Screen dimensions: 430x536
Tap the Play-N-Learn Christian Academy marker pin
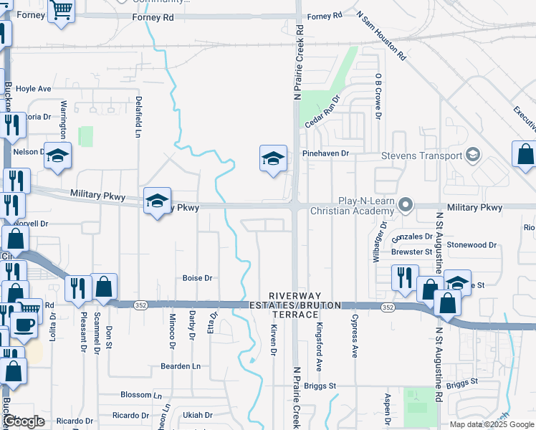pyautogui.click(x=406, y=206)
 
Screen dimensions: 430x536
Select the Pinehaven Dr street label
pyautogui.click(x=325, y=153)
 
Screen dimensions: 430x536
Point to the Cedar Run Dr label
pyautogui.click(x=321, y=110)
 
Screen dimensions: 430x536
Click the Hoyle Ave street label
pyautogui.click(x=34, y=89)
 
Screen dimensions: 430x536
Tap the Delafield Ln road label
pyautogui.click(x=138, y=116)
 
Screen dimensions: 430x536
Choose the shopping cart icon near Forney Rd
pyautogui.click(x=62, y=11)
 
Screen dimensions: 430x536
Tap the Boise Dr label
pyautogui.click(x=198, y=278)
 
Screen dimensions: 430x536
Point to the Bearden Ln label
pyautogui.click(x=181, y=365)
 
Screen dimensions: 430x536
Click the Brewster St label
pyautogui.click(x=412, y=252)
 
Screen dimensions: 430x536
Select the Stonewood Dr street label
pyautogui.click(x=472, y=244)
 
